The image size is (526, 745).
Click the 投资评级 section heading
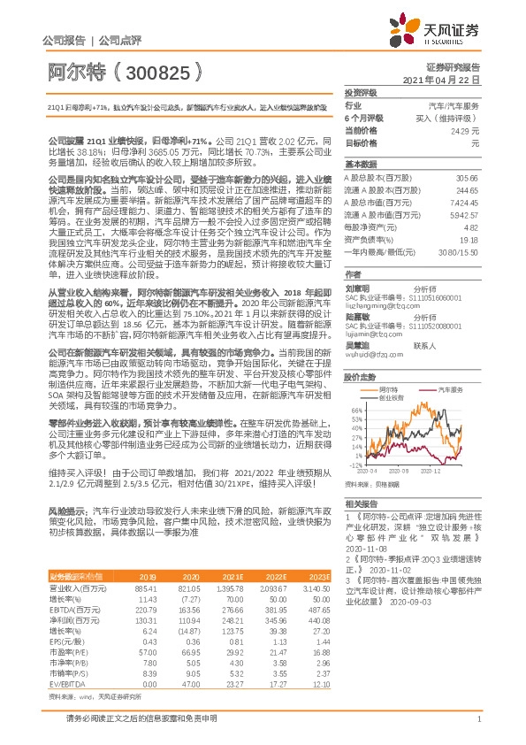[361, 92]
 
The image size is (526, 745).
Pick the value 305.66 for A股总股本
[468, 178]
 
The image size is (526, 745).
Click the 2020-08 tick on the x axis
[405, 469]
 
